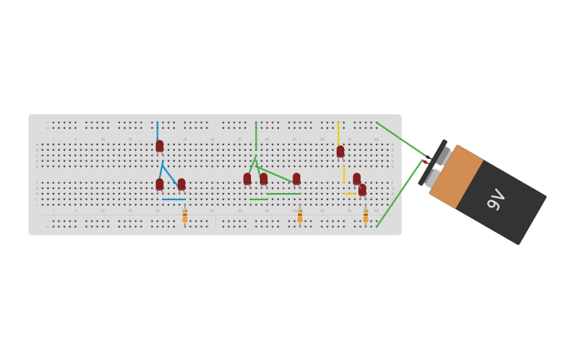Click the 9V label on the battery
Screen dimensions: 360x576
(x=496, y=199)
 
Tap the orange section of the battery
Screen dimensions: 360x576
(x=457, y=176)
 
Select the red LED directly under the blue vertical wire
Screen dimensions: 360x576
(x=160, y=146)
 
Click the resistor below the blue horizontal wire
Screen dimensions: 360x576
(x=185, y=215)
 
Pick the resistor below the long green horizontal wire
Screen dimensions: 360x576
(x=300, y=215)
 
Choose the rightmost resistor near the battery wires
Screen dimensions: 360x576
(x=365, y=215)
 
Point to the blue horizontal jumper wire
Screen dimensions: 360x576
(x=173, y=199)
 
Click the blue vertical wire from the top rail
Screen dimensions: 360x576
(x=157, y=130)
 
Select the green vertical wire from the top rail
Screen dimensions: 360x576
(x=256, y=136)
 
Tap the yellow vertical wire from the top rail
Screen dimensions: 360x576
(x=338, y=132)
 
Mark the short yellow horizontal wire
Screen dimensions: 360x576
(x=350, y=194)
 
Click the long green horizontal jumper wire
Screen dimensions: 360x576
(x=283, y=193)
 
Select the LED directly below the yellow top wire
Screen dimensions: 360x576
(x=340, y=151)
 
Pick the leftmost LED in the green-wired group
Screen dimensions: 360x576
(x=247, y=179)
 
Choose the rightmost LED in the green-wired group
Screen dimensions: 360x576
(x=296, y=179)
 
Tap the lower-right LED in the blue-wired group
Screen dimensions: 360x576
(x=181, y=184)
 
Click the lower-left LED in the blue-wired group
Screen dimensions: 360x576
(x=160, y=184)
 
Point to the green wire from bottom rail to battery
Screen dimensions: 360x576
(x=399, y=194)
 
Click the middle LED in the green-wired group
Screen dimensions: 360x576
(x=264, y=179)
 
